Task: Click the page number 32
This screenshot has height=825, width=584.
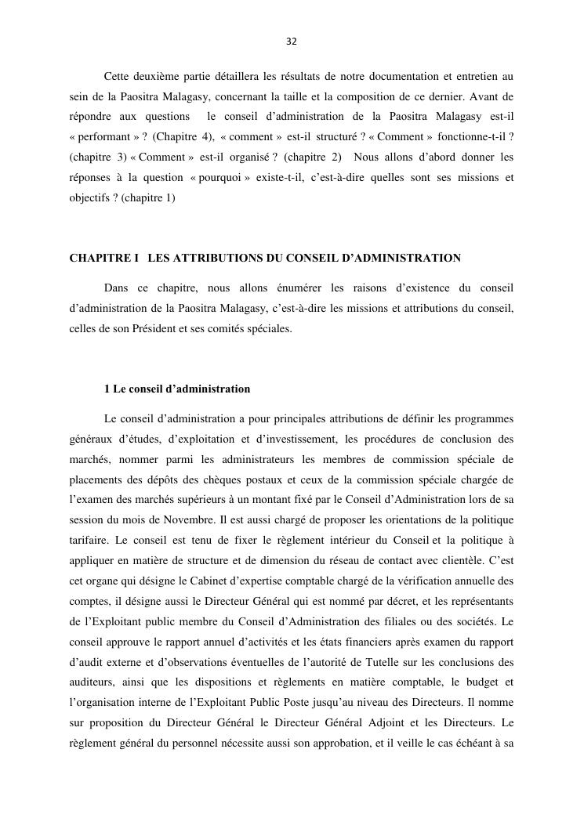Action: pos(292,42)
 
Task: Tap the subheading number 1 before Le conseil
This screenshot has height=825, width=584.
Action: pos(107,389)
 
